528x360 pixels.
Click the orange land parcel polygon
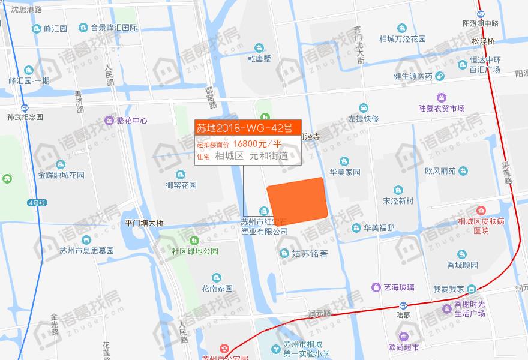[x=298, y=202]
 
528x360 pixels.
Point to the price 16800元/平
[x=257, y=143]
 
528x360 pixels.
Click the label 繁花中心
[x=132, y=120]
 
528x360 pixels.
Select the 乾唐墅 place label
[x=259, y=58]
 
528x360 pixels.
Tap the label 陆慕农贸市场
[x=442, y=109]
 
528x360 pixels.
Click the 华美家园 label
[x=344, y=172]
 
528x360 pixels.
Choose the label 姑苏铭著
[x=310, y=253]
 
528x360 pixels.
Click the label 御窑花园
[x=182, y=185]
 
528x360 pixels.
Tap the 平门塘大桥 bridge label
[x=144, y=223]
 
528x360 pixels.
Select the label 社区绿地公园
[x=195, y=251]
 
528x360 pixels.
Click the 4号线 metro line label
[x=36, y=203]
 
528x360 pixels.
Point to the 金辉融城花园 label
[x=61, y=175]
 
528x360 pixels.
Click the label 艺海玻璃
[x=399, y=287]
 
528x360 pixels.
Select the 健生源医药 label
[x=413, y=76]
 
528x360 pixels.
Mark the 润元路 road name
[x=320, y=313]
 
